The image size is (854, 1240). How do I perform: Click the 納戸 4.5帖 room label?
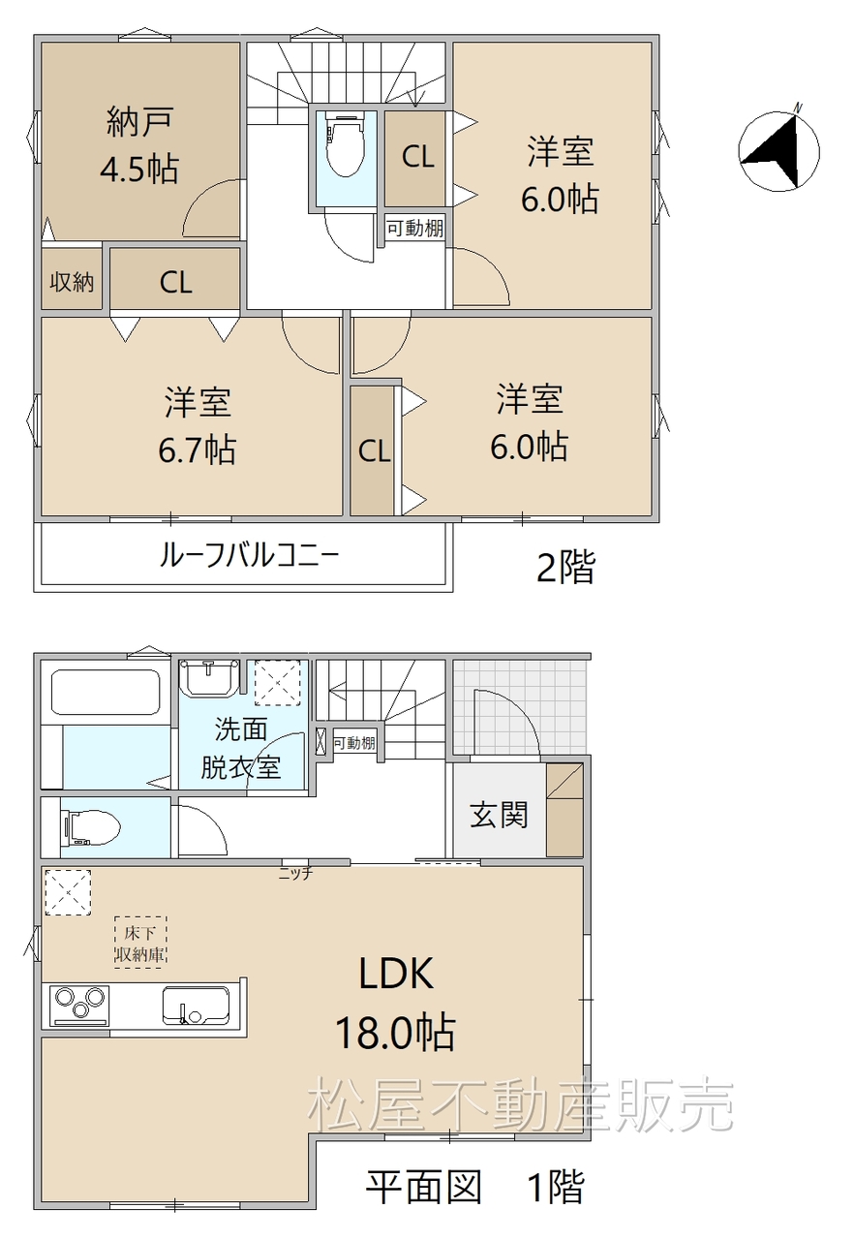(140, 145)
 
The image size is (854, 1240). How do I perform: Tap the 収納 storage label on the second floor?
(72, 282)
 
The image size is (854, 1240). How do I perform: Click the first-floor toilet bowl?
(92, 827)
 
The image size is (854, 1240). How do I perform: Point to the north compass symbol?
(778, 149)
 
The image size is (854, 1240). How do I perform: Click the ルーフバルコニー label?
(249, 555)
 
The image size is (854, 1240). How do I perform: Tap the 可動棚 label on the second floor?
(414, 228)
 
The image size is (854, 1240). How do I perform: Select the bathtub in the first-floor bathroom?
(106, 692)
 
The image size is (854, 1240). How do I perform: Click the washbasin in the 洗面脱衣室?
(208, 677)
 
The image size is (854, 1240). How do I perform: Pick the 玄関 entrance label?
(499, 815)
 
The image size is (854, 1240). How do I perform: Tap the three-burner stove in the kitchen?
(79, 1005)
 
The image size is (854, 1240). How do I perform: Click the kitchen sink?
(196, 1006)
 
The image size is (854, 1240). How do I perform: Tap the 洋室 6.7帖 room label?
(198, 425)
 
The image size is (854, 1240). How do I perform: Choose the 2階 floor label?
(565, 567)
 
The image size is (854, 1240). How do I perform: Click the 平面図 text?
(424, 1187)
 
